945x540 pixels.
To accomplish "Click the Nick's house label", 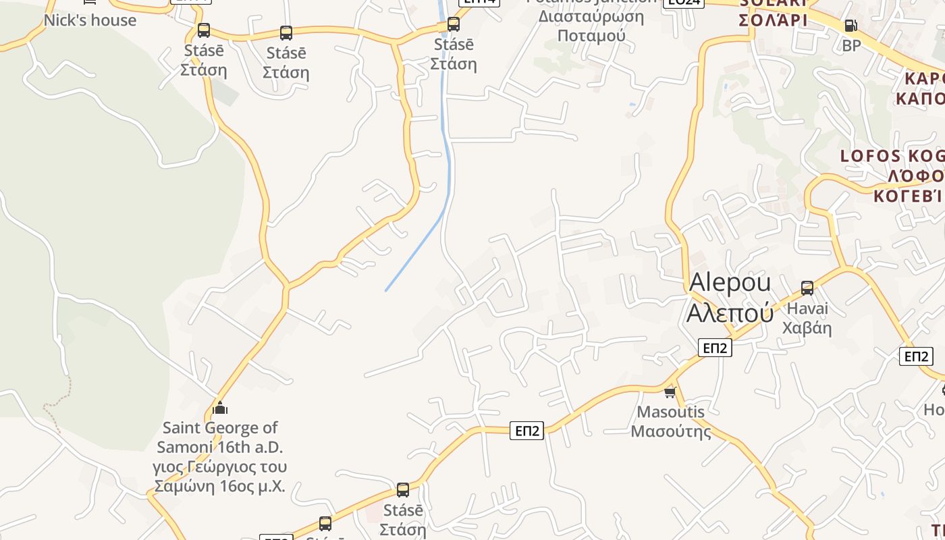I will point(90,20).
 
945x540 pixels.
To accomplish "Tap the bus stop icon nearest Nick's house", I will point(203,30).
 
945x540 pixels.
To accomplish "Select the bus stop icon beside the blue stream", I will point(454,24).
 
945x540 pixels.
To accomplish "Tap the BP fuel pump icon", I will point(851,26).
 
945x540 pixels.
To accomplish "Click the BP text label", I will point(852,45).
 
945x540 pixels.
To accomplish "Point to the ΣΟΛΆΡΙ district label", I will point(773,20).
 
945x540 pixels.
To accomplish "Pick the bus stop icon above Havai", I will point(807,288).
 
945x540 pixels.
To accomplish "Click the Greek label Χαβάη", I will point(807,329).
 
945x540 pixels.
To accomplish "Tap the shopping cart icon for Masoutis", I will point(670,391).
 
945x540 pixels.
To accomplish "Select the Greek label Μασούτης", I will point(671,431).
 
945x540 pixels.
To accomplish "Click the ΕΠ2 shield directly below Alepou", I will point(715,348).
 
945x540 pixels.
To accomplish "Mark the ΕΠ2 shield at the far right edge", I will point(916,356).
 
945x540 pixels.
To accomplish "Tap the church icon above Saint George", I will point(220,408).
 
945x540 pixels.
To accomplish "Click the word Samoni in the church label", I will point(188,447).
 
